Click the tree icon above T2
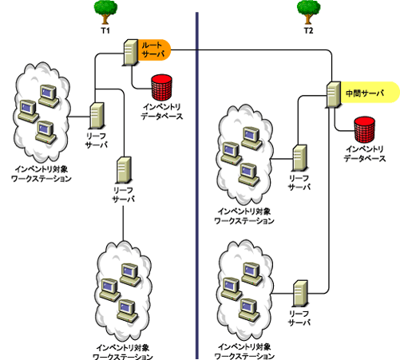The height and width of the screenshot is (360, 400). pyautogui.click(x=307, y=10)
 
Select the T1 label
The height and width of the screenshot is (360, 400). pyautogui.click(x=104, y=30)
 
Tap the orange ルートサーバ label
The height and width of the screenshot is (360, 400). pyautogui.click(x=152, y=49)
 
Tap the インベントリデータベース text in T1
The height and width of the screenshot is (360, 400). pyautogui.click(x=163, y=111)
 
